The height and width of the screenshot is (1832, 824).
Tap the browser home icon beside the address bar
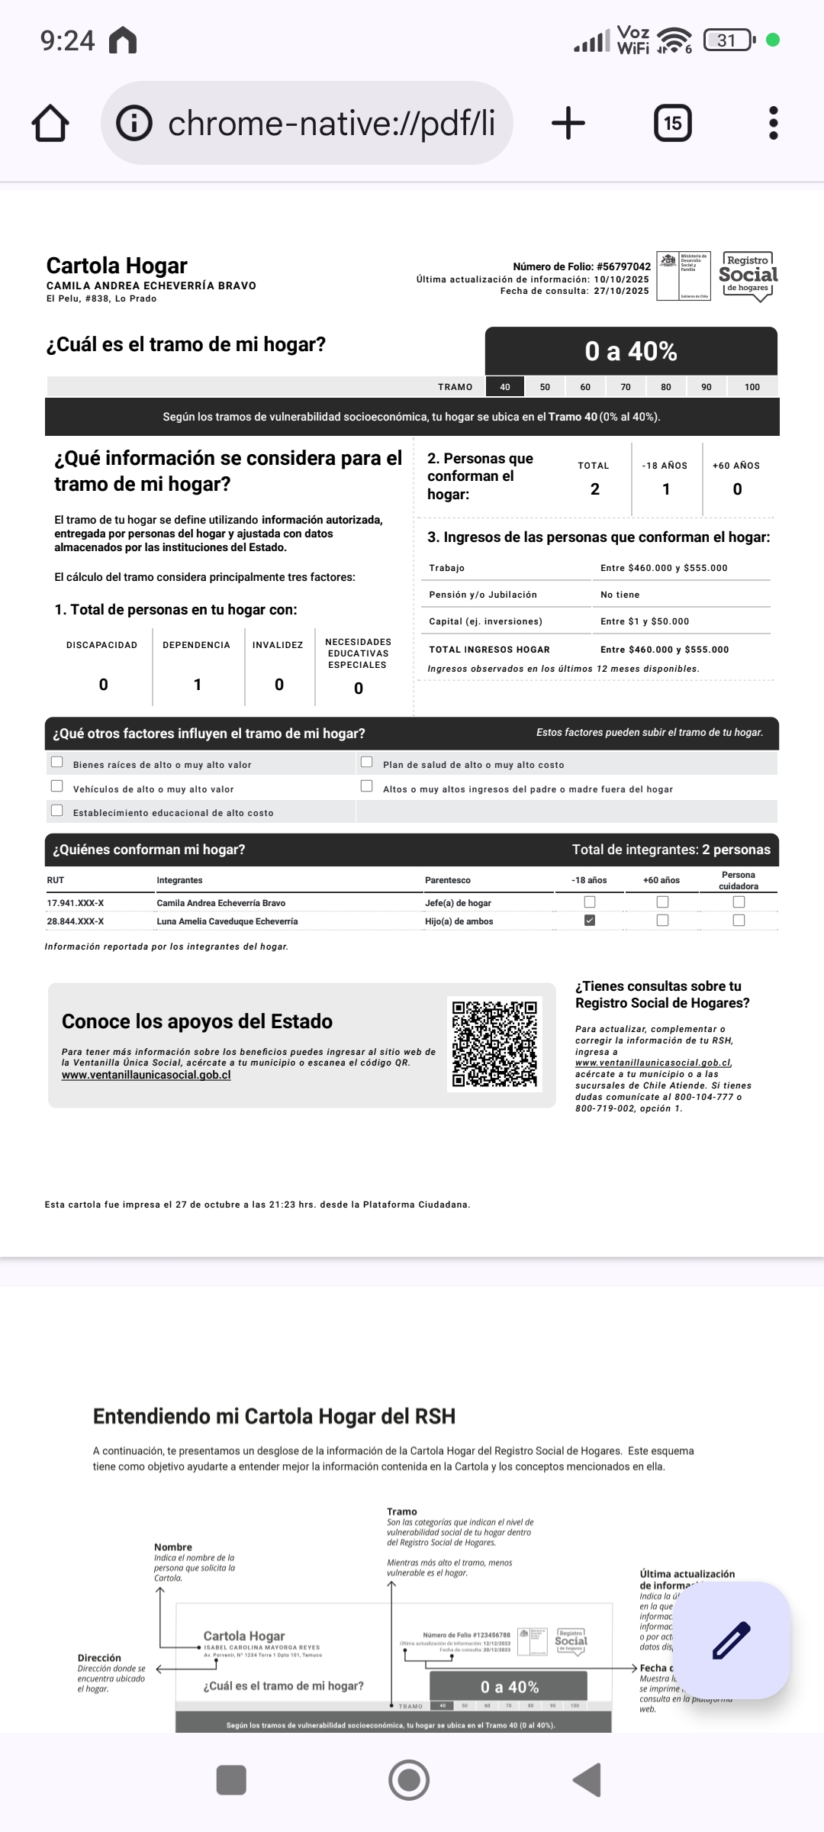50,123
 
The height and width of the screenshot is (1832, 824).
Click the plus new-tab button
568,123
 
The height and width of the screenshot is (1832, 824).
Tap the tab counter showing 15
672,123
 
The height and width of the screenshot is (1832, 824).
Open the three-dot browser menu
773,123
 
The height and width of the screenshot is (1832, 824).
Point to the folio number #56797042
623,266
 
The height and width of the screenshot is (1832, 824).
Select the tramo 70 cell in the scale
626,387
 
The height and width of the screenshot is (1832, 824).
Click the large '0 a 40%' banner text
631,351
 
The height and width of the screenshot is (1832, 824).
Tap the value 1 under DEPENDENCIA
198,685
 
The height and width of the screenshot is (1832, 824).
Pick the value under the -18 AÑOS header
666,489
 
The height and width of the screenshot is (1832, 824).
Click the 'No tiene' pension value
620,595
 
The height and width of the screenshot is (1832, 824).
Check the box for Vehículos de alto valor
57,786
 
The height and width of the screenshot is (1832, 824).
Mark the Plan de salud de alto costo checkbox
367,762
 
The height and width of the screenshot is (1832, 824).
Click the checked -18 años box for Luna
590,921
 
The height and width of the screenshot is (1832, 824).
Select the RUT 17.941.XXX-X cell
76,903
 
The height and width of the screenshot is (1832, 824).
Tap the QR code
494,1043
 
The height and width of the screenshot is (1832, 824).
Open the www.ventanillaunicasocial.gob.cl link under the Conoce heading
146,1075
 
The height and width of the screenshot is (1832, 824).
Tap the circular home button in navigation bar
409,1780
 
